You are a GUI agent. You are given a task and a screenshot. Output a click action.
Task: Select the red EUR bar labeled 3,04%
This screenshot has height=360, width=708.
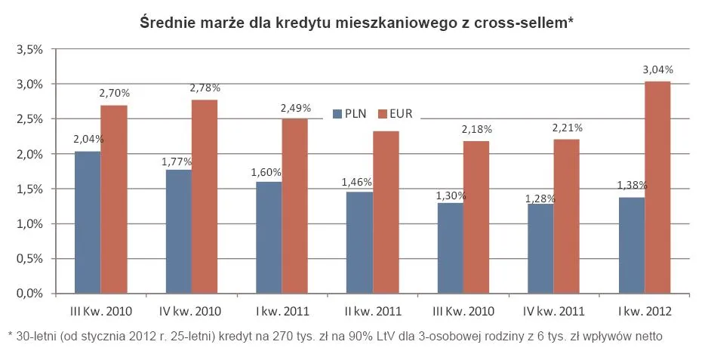point(657,187)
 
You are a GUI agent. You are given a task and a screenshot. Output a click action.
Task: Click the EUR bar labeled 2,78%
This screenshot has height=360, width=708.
point(205,196)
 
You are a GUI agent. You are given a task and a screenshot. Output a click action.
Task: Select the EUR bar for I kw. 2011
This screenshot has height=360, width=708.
point(295,206)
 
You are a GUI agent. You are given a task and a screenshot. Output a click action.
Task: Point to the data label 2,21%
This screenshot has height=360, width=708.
point(568,129)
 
